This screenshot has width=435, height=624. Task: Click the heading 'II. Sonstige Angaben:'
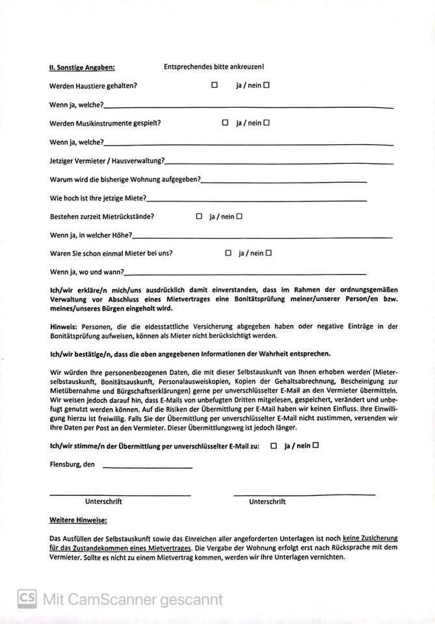coord(81,67)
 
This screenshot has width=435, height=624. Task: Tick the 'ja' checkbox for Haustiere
coord(214,85)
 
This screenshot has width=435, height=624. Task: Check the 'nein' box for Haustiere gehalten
coord(267,85)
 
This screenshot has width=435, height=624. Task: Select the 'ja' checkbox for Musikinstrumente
coord(225,122)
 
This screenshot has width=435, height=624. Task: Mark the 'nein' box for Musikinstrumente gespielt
coord(267,122)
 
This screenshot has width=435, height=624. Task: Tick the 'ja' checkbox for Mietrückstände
coord(199,216)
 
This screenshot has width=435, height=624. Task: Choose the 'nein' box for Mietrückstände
coord(239,216)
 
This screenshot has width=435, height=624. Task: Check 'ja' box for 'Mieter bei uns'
coord(228,253)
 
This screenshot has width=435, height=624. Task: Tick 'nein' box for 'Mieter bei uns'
coord(269,253)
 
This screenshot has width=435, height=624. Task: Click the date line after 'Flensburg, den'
coord(148,467)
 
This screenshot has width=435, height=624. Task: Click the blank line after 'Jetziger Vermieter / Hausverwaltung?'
coord(280,163)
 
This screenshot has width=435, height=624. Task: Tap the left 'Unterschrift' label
coord(103,502)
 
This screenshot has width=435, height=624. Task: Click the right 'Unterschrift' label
coord(267,502)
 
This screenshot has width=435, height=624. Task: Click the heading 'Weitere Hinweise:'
coord(78,521)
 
